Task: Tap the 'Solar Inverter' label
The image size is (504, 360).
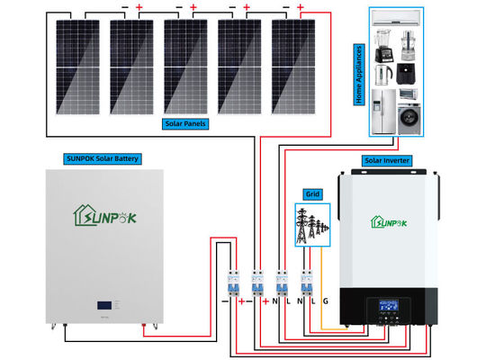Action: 387,160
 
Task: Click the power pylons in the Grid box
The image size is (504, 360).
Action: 311,225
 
